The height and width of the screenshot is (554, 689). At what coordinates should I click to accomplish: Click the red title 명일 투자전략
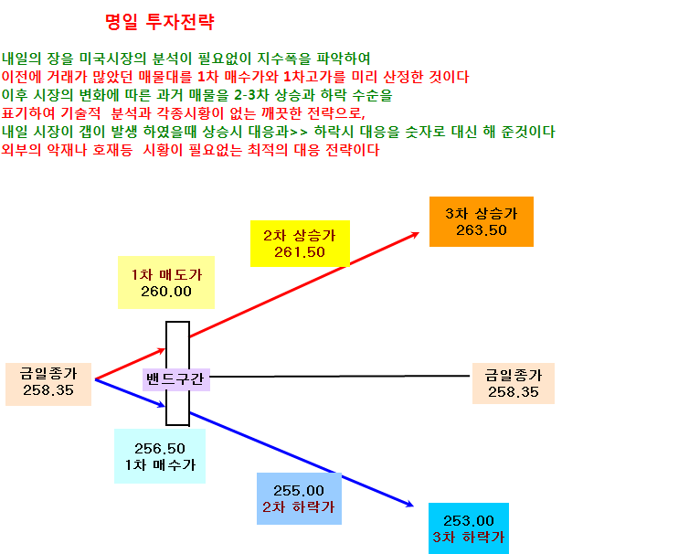point(160,22)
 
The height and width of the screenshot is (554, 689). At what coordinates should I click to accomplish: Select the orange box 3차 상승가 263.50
point(482,221)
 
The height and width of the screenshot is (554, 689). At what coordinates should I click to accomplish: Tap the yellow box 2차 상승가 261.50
point(300,243)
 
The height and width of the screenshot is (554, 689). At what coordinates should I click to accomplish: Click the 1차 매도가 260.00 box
point(166,282)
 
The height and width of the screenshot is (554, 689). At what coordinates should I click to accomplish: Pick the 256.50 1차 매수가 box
point(160,456)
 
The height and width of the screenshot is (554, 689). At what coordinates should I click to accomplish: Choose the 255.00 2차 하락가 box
point(299,498)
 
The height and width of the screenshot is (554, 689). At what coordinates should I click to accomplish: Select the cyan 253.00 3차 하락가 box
point(469,528)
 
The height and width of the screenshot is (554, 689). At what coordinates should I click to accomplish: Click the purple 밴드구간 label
point(175,379)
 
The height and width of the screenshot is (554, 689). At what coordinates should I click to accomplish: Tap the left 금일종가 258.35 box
point(48,384)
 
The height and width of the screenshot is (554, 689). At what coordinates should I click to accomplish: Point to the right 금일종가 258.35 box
point(514,383)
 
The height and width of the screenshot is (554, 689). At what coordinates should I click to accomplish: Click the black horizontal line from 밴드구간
point(340,377)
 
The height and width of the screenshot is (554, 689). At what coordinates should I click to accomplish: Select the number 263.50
point(482,230)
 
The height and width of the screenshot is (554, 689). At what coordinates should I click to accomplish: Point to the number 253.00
point(469,520)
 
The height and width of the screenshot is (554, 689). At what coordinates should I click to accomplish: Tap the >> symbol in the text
point(299,132)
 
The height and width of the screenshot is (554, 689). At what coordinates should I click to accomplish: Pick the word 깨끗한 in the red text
point(281,113)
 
